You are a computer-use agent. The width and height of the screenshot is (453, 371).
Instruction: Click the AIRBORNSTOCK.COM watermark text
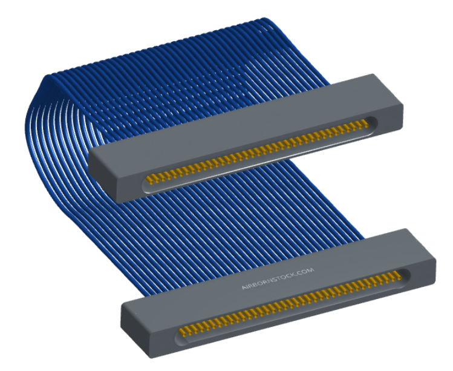pyautogui.click(x=278, y=278)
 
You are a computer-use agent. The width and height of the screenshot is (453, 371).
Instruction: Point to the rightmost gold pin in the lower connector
pyautogui.click(x=398, y=275)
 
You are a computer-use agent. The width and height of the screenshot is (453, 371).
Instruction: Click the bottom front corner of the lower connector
pyautogui.click(x=151, y=358)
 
